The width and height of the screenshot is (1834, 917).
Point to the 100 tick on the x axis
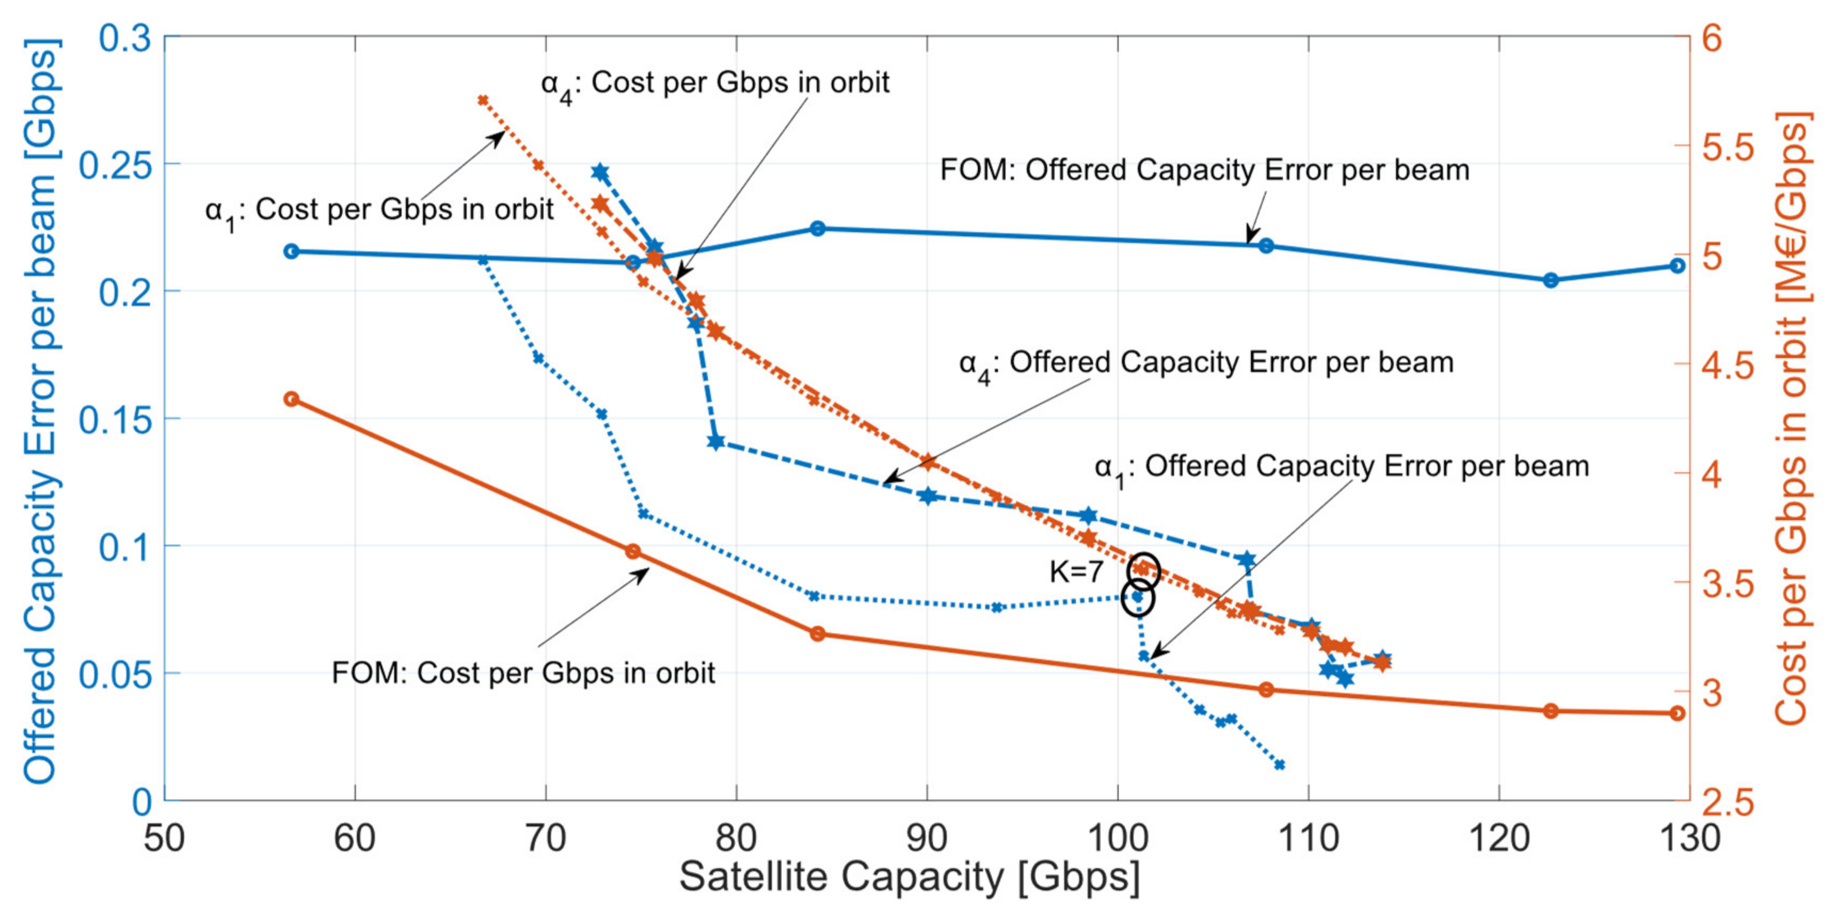(x=1117, y=838)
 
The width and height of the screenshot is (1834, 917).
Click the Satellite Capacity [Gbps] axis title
(x=909, y=877)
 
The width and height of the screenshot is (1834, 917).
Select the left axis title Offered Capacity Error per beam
(x=41, y=411)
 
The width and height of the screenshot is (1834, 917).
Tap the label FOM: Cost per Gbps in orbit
(x=523, y=673)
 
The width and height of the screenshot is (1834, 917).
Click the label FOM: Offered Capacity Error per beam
(x=1205, y=170)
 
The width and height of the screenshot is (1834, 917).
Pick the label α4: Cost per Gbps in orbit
(x=715, y=84)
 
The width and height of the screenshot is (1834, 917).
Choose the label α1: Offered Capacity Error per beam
(x=1341, y=468)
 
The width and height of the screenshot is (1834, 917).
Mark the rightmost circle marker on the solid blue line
(x=1677, y=266)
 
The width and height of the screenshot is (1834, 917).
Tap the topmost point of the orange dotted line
(x=483, y=100)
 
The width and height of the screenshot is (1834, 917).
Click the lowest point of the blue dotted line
(x=1279, y=764)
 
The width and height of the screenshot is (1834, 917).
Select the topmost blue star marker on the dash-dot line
(x=600, y=172)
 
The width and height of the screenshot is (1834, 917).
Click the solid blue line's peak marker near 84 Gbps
(x=818, y=228)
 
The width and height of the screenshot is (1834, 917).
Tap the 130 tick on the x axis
(x=1689, y=838)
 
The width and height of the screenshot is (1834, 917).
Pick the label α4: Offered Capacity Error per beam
(x=1206, y=364)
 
